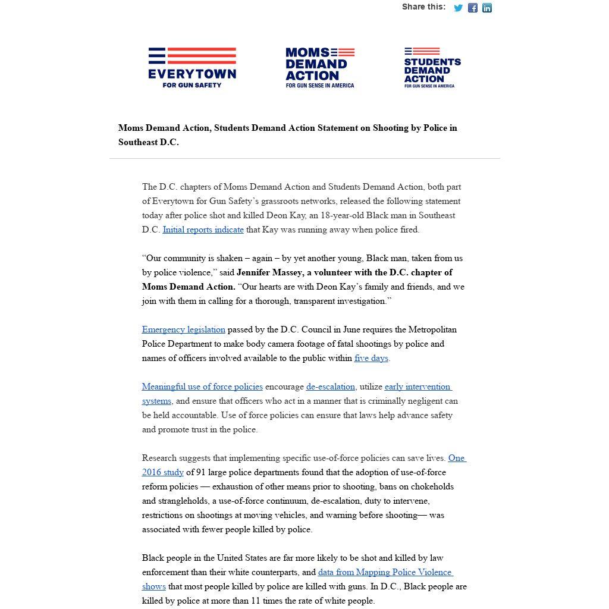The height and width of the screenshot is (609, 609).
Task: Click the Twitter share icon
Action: coord(458,8)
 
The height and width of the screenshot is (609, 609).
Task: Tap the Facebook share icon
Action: coord(473,8)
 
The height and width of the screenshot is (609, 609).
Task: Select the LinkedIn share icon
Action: coord(487,8)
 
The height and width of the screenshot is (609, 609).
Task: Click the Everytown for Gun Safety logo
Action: coord(192,68)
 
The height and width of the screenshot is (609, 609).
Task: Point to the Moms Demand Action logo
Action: coord(320,68)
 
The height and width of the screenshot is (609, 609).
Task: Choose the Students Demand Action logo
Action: coord(432,68)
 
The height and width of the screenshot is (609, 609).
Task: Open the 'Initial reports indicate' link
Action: coord(203,230)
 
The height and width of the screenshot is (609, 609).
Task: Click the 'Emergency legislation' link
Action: coord(183,329)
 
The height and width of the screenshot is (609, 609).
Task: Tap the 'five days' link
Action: coord(371,358)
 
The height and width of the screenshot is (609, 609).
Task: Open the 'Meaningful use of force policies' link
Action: coord(202,387)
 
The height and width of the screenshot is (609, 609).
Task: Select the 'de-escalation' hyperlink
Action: coord(331,387)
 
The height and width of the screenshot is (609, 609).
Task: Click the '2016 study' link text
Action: coord(163,472)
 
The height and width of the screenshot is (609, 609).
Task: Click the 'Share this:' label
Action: coord(423,7)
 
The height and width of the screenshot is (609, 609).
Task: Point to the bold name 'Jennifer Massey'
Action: coord(269,272)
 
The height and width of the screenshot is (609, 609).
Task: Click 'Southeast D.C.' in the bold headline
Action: coord(148,142)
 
